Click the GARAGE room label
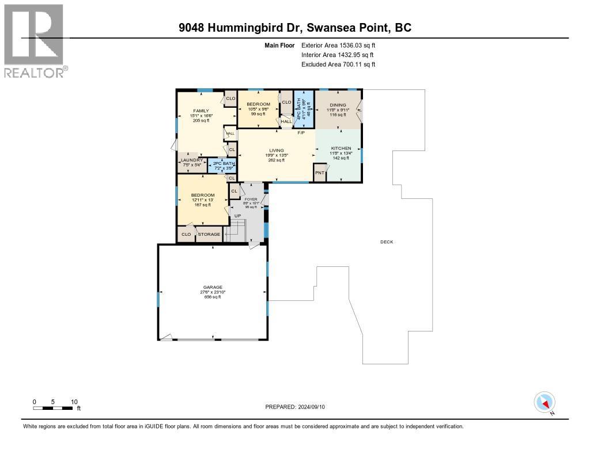(212, 287)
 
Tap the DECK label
(387, 242)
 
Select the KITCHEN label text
(341, 148)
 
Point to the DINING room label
(338, 105)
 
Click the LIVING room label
(277, 150)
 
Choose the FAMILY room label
(201, 111)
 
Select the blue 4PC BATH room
(303, 108)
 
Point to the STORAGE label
(209, 235)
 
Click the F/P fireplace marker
(300, 133)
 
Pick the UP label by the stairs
(237, 216)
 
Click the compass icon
(544, 402)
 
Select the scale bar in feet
(55, 408)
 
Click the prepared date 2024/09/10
(295, 406)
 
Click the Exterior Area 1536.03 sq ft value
(338, 45)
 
